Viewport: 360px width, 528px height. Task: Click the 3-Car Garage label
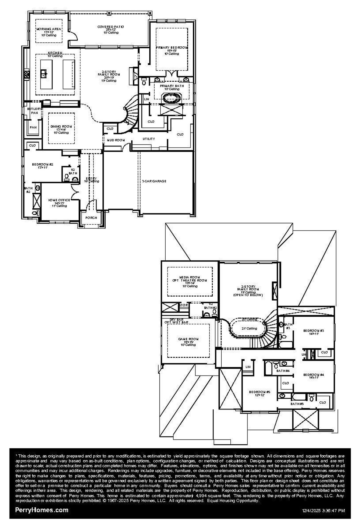tap(154, 181)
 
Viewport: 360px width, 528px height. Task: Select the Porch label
tap(91, 217)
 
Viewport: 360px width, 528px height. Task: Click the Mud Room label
tap(116, 140)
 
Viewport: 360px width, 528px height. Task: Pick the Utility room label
tap(148, 139)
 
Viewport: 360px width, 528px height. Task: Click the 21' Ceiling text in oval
tap(249, 328)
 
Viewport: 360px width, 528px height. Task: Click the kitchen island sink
tap(44, 74)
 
